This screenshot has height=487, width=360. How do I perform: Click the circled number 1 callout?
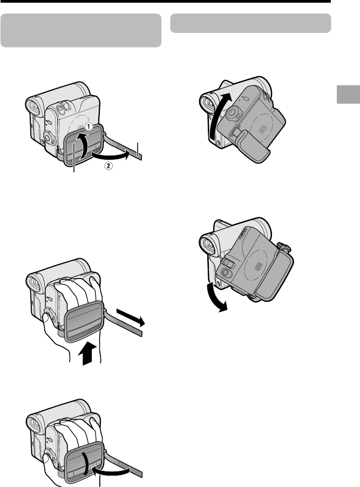[x=89, y=127]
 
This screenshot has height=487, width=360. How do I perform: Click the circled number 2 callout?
[x=108, y=166]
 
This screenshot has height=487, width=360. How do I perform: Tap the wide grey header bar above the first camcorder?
[x=81, y=30]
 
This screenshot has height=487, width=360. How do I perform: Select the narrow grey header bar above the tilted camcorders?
[x=250, y=23]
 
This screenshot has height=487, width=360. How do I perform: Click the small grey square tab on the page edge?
[x=348, y=94]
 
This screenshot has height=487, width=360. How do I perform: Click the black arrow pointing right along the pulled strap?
[x=131, y=317]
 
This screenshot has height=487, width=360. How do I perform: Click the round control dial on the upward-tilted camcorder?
[x=232, y=114]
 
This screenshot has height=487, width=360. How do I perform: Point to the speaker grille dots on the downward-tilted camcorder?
[x=259, y=267]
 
